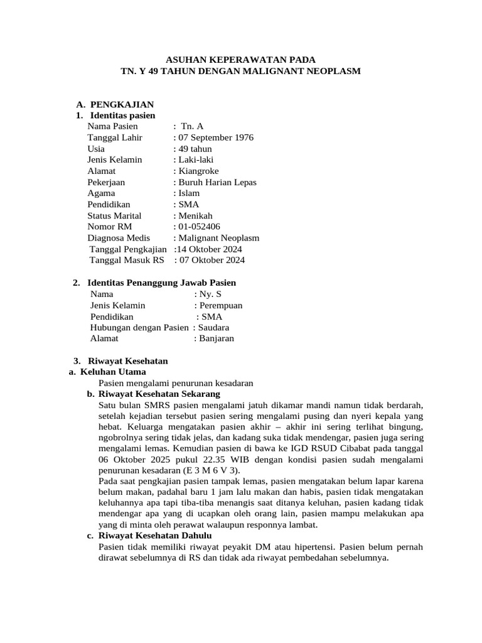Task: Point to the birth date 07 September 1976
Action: [x=215, y=138]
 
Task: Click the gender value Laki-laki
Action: [x=195, y=159]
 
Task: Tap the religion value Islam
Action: [x=188, y=193]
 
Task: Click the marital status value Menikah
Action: [x=195, y=215]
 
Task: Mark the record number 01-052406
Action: [x=198, y=227]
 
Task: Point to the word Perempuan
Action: [x=220, y=305]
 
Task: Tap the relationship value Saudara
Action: [x=213, y=327]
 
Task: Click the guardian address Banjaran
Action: [x=216, y=338]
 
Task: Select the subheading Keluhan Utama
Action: [x=112, y=372]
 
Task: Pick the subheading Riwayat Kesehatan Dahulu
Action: [x=155, y=536]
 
